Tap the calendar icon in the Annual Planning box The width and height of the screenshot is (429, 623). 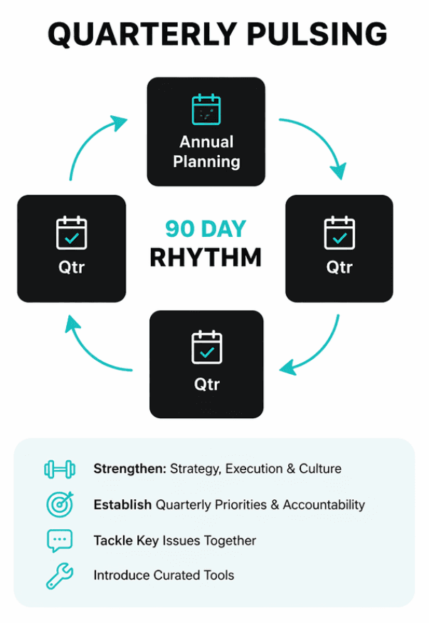(206, 110)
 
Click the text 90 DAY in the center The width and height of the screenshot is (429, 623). (206, 229)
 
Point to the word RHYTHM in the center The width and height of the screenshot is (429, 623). (206, 257)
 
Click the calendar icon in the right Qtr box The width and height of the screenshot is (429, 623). (339, 233)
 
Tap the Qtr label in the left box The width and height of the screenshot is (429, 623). (71, 268)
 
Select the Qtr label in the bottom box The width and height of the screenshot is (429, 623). (206, 384)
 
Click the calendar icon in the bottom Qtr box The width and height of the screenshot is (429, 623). (207, 347)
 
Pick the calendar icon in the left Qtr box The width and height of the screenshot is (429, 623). (72, 233)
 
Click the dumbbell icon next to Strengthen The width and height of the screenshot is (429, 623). (60, 469)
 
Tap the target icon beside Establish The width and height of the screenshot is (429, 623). (60, 504)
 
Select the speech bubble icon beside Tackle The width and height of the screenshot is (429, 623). (60, 541)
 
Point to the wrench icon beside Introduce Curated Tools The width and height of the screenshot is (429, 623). (60, 575)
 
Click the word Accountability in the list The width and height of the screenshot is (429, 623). (324, 504)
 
